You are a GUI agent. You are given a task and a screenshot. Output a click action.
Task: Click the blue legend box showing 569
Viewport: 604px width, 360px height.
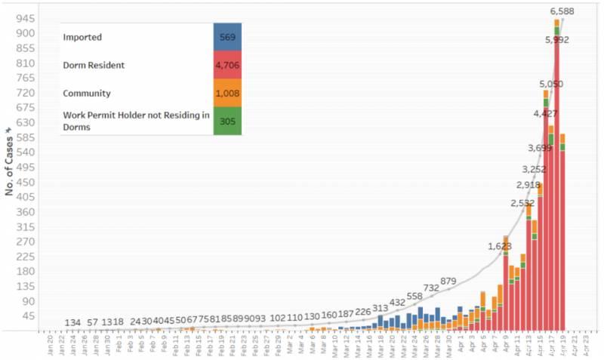click(x=227, y=37)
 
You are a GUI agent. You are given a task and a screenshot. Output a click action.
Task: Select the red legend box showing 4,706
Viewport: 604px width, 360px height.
click(x=227, y=65)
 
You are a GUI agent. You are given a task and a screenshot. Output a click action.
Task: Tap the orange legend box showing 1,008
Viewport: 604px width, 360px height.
click(x=227, y=93)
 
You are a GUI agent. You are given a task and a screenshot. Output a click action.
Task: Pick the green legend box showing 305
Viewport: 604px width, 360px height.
click(x=227, y=121)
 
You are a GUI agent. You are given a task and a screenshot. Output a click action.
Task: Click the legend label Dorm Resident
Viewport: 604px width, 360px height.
click(x=95, y=66)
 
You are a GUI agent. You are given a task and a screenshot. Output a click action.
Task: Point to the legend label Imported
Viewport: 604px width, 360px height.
click(x=84, y=37)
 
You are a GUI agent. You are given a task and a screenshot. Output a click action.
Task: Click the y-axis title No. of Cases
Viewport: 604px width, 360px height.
click(x=10, y=158)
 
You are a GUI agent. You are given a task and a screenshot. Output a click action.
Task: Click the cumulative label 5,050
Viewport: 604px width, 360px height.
click(x=552, y=84)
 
